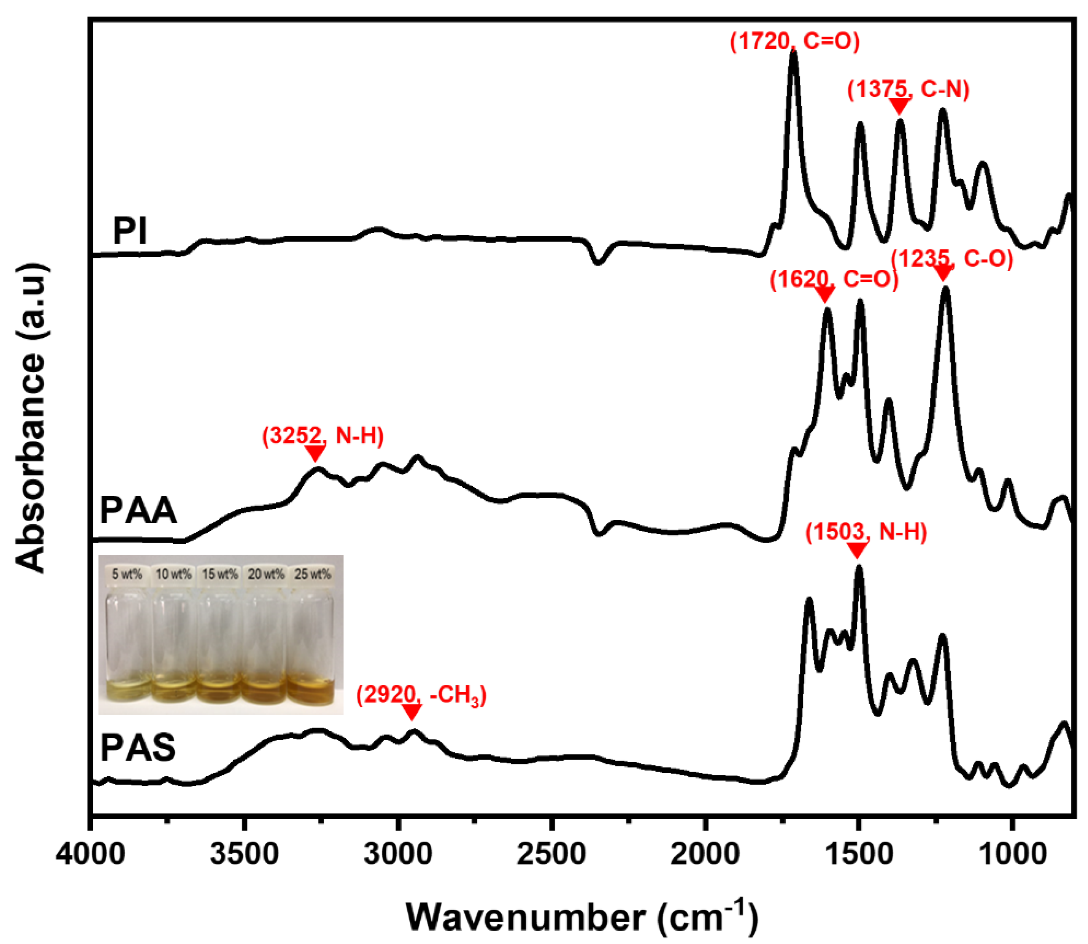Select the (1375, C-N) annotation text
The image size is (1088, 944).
pyautogui.click(x=908, y=89)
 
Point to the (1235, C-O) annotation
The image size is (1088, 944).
pyautogui.click(x=952, y=259)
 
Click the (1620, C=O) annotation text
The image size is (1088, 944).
pyautogui.click(x=834, y=279)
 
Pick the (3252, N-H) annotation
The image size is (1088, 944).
pyautogui.click(x=322, y=436)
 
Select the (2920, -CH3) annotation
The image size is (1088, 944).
pyautogui.click(x=421, y=696)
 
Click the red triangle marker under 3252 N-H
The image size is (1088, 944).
pyautogui.click(x=315, y=452)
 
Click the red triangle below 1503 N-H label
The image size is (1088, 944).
pyautogui.click(x=857, y=551)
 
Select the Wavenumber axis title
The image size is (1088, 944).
pyautogui.click(x=581, y=917)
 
